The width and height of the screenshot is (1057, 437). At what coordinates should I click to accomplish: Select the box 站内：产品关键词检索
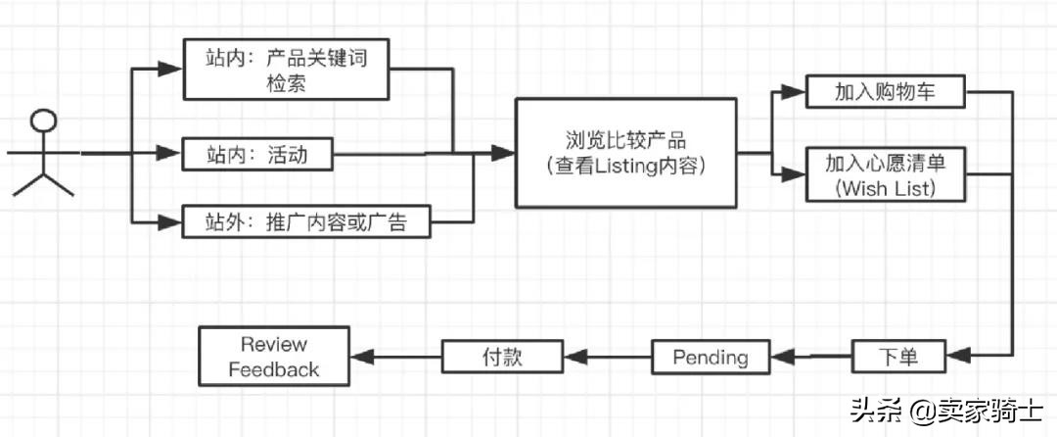pos(287,70)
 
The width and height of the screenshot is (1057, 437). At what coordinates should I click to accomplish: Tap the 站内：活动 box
pos(257,154)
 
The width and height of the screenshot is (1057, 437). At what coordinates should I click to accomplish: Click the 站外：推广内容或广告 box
pos(307,222)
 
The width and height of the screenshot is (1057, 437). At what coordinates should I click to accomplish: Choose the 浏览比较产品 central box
pos(626,153)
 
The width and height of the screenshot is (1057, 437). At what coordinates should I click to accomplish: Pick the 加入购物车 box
pos(886,93)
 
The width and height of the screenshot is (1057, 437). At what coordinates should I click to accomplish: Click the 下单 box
pos(897,356)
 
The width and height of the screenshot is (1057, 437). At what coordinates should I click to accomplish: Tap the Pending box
pos(710,356)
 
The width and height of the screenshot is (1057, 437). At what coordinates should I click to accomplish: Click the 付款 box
pos(502,356)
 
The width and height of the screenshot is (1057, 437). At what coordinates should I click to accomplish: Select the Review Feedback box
pos(273,357)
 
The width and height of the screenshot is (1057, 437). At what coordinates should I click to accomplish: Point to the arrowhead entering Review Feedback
pos(360,356)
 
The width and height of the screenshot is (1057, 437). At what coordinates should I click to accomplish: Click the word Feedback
pos(273,369)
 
